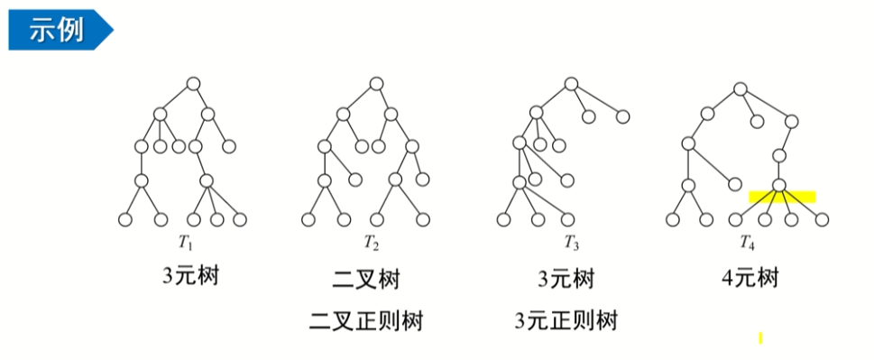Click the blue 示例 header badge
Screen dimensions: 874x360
click(56, 29)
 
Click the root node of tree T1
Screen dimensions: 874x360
click(192, 84)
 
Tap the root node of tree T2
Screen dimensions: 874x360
click(375, 84)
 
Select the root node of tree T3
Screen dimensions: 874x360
click(570, 84)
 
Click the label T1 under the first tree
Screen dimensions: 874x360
click(185, 242)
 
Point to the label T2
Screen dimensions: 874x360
click(371, 242)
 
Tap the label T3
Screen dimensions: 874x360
click(571, 242)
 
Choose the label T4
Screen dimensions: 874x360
click(746, 242)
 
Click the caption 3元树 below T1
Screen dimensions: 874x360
click(190, 275)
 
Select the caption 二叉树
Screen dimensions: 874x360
click(365, 280)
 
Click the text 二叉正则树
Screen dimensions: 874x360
click(365, 319)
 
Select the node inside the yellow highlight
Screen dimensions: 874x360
click(779, 187)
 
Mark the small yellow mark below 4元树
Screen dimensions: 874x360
click(761, 338)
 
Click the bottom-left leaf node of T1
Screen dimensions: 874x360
click(125, 219)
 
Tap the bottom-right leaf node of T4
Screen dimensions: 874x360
click(821, 219)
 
